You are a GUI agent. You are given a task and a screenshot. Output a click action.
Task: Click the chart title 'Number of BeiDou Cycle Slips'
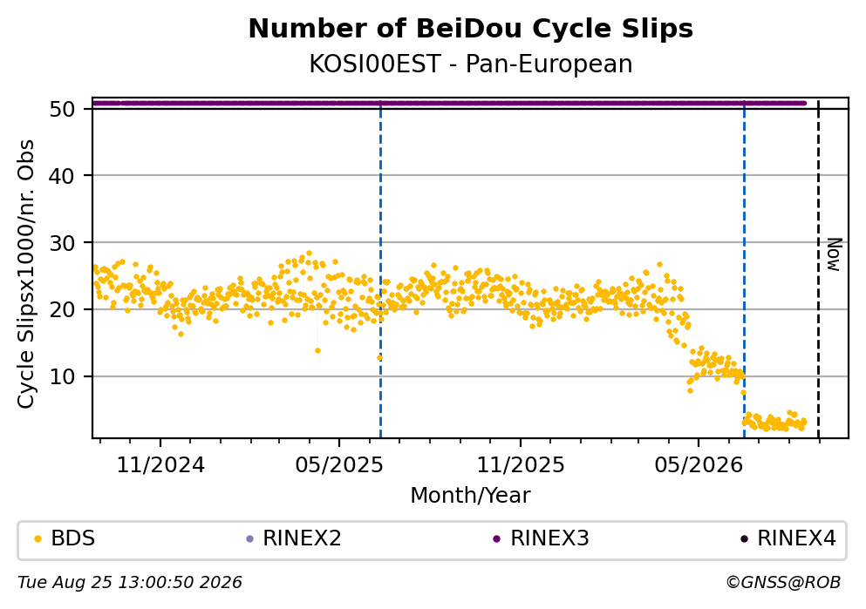click(x=471, y=29)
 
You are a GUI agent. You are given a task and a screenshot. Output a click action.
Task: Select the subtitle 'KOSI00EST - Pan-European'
click(x=471, y=64)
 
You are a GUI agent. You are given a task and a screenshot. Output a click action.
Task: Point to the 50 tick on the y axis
click(x=63, y=109)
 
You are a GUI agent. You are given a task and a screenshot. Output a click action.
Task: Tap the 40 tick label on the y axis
click(x=63, y=176)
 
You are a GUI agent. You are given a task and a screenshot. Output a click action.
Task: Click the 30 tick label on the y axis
click(x=63, y=243)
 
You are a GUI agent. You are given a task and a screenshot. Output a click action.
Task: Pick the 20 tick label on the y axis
click(x=63, y=309)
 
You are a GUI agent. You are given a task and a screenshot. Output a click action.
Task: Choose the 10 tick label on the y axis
click(x=63, y=376)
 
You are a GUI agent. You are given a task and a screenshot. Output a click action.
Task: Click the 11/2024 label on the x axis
click(x=160, y=465)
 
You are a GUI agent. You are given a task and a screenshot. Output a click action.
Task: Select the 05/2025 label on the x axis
click(x=339, y=465)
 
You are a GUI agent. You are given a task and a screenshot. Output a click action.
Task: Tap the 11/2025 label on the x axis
click(x=521, y=465)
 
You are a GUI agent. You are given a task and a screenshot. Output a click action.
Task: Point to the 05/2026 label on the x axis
click(x=699, y=465)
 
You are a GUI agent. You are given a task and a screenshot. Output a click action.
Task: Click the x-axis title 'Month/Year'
click(x=471, y=496)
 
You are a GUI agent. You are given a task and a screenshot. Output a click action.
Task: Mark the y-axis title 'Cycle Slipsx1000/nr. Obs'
click(x=25, y=274)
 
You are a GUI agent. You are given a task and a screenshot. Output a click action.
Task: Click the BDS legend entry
click(x=65, y=538)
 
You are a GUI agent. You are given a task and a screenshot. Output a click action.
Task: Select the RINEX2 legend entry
click(x=294, y=538)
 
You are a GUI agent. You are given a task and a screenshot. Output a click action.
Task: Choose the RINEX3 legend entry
click(x=542, y=538)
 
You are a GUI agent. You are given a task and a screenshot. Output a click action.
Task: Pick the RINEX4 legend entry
click(x=788, y=538)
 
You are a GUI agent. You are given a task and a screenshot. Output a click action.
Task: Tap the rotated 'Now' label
click(x=834, y=255)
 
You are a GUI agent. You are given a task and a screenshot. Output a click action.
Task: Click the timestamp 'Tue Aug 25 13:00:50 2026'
click(x=130, y=583)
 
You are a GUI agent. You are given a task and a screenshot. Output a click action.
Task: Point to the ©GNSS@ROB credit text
click(x=783, y=583)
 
